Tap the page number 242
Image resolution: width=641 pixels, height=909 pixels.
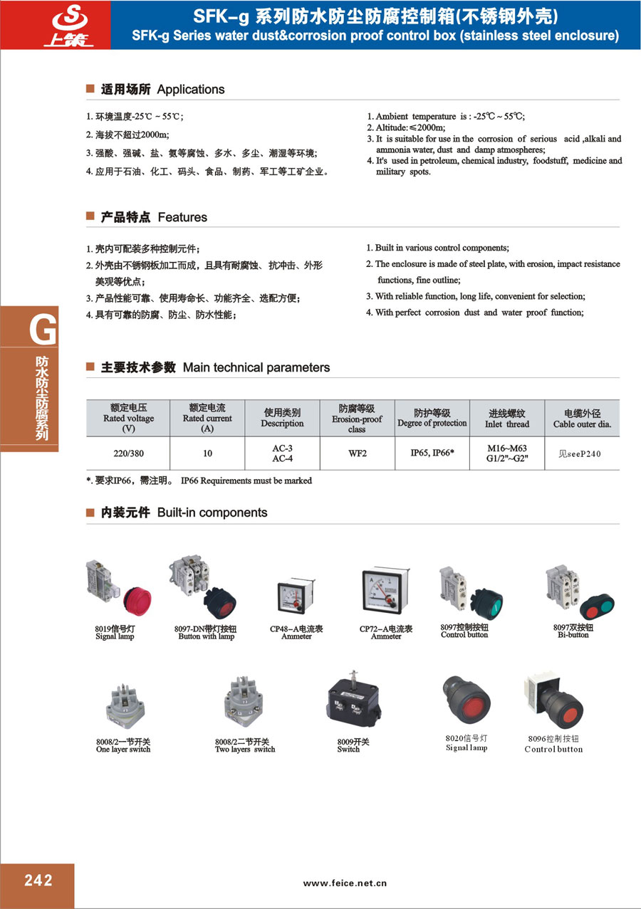(x=38, y=881)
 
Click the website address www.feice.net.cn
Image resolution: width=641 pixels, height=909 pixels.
(x=345, y=883)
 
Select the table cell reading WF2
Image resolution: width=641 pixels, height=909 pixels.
(x=357, y=453)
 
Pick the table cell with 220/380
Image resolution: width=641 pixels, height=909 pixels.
(x=128, y=453)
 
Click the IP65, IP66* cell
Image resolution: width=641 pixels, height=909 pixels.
(x=432, y=453)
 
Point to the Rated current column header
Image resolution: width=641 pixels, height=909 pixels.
(x=207, y=418)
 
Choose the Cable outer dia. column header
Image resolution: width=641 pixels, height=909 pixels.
(x=582, y=419)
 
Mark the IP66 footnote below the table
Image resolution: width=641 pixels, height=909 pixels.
(x=199, y=480)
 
